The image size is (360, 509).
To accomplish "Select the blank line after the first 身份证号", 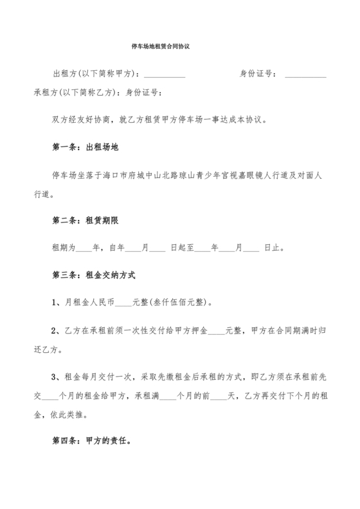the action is tap(305, 75).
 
